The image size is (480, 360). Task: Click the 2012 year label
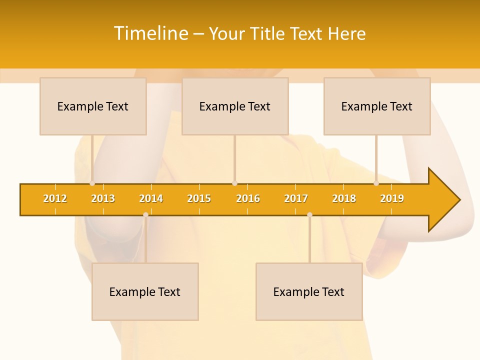click(55, 198)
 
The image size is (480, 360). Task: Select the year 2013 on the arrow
click(103, 198)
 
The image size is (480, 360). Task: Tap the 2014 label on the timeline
click(151, 198)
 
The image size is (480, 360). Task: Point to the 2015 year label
click(199, 198)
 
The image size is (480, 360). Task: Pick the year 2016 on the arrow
click(248, 198)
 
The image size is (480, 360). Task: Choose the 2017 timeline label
click(296, 198)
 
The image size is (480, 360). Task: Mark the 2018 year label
click(344, 198)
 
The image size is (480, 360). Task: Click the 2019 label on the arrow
click(392, 198)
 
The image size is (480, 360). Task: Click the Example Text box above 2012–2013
click(93, 106)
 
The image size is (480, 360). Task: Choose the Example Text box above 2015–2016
click(235, 106)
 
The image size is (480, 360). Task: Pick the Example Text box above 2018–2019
click(377, 106)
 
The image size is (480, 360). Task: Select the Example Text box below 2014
click(145, 291)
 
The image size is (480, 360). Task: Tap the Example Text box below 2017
click(309, 291)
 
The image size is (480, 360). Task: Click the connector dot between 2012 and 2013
click(92, 183)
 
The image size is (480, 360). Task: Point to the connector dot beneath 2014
click(145, 214)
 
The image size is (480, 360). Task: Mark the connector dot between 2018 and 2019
click(376, 183)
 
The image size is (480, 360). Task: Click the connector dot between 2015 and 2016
click(234, 183)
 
